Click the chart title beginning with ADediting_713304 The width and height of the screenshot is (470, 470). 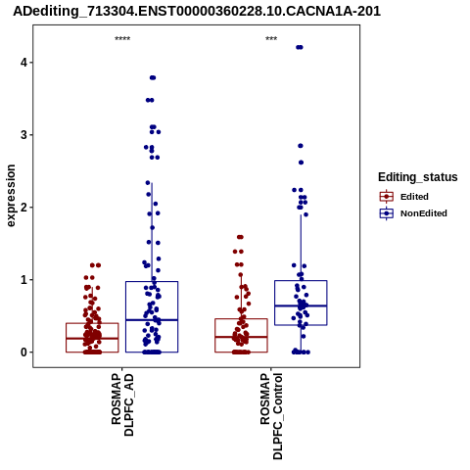pos(197,11)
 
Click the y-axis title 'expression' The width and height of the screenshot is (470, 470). pos(11,196)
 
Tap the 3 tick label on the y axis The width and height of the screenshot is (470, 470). pos(23,134)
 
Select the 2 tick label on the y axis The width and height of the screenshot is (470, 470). pos(23,207)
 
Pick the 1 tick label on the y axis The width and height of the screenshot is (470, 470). pos(23,280)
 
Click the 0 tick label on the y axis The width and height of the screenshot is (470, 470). pos(23,352)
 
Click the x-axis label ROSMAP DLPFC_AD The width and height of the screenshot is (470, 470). pos(122,404)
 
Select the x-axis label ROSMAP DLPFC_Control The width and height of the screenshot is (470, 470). pos(271,416)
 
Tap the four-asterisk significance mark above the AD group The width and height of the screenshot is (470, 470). pos(122,39)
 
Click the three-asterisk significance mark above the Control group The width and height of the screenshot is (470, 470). pos(271,39)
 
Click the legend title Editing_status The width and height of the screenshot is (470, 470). pos(418,177)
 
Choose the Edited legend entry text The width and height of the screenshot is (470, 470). pos(414,197)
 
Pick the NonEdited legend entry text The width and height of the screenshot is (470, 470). pos(424,213)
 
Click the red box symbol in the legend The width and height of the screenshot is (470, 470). pos(387,197)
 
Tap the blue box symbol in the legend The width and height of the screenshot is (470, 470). pos(387,213)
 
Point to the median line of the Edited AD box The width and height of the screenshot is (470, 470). pos(92,339)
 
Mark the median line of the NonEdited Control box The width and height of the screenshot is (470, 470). pos(301,305)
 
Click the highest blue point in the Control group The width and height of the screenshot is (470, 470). pos(300,47)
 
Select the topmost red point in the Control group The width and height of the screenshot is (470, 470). pos(240,237)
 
